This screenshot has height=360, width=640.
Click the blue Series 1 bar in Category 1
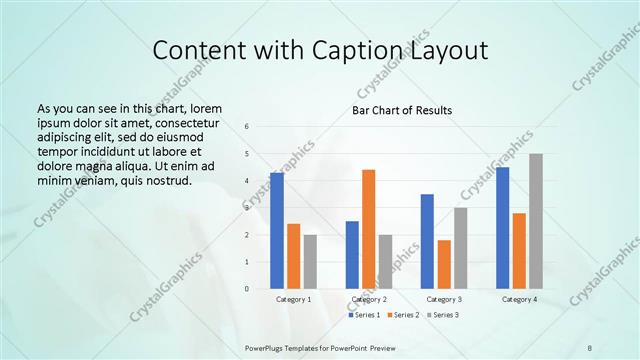[x=276, y=231]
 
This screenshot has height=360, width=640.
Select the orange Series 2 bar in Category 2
[x=368, y=229]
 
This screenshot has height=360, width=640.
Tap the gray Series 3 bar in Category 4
[x=536, y=221]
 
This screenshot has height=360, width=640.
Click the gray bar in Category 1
[x=310, y=262]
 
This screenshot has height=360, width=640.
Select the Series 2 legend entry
[x=403, y=315]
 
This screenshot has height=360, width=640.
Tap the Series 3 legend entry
[x=443, y=315]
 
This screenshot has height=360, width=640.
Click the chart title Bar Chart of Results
[x=402, y=110]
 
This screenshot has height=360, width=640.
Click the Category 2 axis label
[x=368, y=299]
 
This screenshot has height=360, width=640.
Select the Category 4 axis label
[x=519, y=299]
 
